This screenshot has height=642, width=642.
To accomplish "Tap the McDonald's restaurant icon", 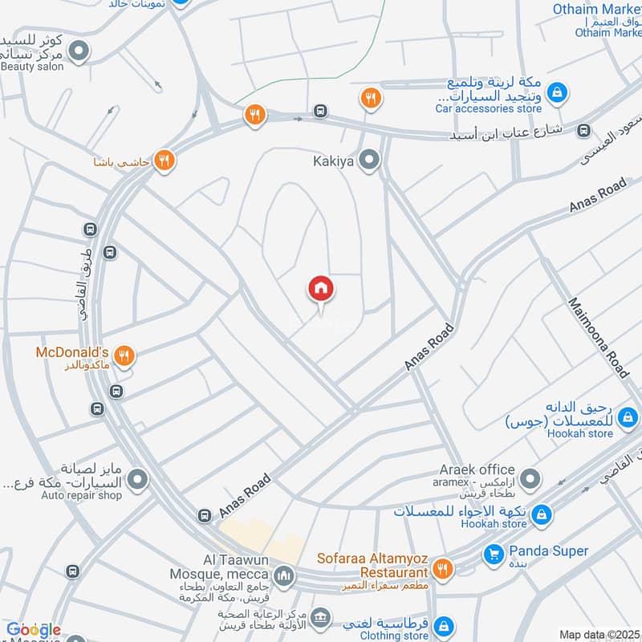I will point(124,355).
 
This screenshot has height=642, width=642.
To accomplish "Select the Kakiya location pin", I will point(369,161).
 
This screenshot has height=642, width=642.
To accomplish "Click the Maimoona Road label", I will point(598,338).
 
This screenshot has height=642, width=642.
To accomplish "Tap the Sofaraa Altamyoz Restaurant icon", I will point(441,570).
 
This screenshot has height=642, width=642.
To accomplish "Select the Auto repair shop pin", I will point(139,480).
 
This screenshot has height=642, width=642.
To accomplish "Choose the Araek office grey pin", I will point(529,480).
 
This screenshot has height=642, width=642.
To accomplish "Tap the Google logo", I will point(34,630).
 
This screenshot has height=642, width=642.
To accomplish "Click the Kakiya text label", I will point(333,161).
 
